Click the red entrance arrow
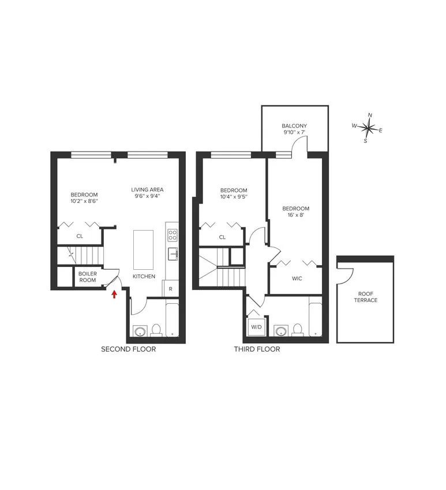pos(114,294)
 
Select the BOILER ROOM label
pos(88,277)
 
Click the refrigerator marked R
pos(171,287)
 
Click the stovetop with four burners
pos(172,235)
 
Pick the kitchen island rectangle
pos(144,249)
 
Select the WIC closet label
pos(297,278)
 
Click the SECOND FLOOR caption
pos(129,349)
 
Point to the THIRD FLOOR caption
pos(257,349)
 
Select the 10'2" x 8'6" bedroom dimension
pos(84,202)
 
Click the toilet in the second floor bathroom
pos(156,330)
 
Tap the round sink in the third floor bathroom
pos(282,331)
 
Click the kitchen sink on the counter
pos(172,254)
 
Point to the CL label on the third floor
pos(222,237)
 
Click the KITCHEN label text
pos(144,277)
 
